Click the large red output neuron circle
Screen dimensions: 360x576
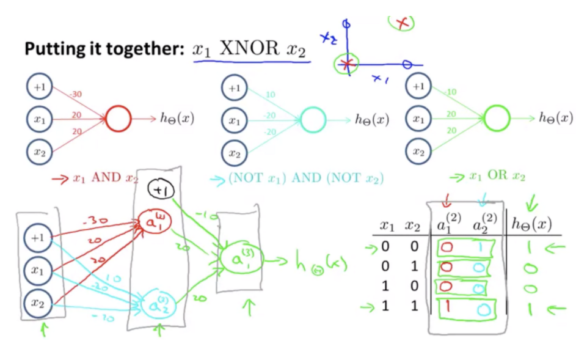pos(118,119)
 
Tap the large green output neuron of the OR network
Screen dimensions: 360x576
pos(497,118)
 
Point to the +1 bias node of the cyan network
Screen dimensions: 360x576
pos(234,89)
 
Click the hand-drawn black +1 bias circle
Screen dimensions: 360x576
pos(160,191)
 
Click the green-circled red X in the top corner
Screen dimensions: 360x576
pos(402,23)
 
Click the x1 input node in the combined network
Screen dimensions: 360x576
pos(40,270)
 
